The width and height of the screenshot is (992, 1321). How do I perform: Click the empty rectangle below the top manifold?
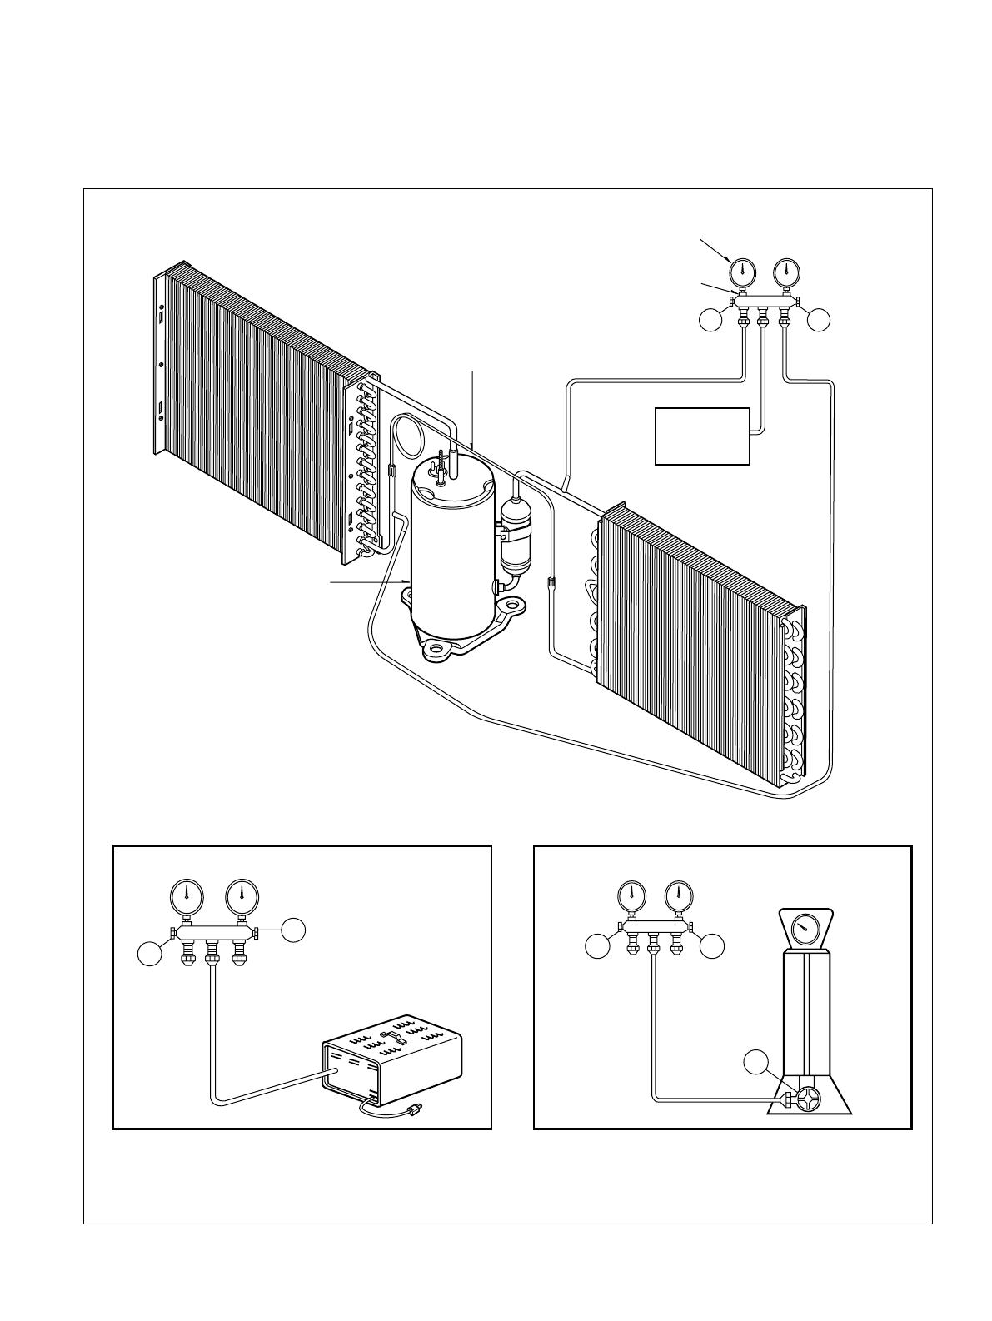pos(702,436)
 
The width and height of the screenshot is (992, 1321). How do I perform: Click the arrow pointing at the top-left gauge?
pos(715,250)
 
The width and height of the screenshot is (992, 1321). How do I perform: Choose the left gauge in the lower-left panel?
pos(187,896)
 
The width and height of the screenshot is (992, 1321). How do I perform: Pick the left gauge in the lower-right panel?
pos(632,897)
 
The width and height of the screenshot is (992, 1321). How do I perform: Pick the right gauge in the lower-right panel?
pos(678,897)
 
